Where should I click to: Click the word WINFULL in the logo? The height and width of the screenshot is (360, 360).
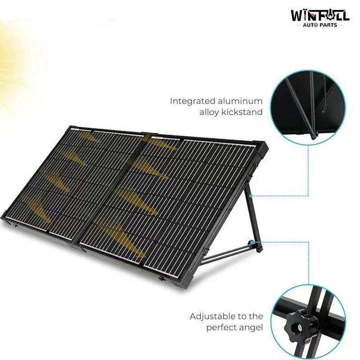(x=320, y=15)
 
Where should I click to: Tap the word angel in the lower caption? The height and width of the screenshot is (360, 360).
(x=252, y=328)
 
